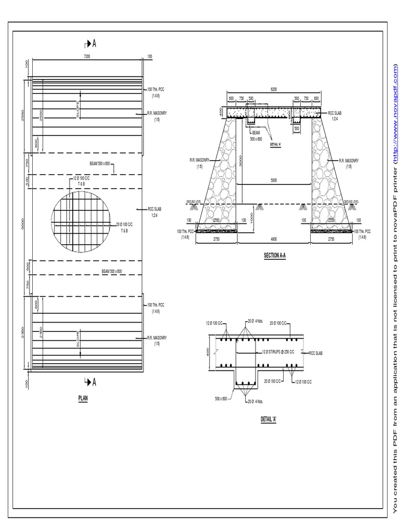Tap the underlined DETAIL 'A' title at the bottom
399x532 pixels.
pyautogui.click(x=268, y=419)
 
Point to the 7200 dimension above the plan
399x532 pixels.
pyautogui.click(x=87, y=56)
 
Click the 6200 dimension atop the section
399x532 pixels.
pyautogui.click(x=273, y=89)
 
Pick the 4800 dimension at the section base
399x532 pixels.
pyautogui.click(x=274, y=240)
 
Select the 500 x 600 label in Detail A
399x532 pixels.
pyautogui.click(x=221, y=398)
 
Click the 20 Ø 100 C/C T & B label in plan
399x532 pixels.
pyautogui.click(x=125, y=227)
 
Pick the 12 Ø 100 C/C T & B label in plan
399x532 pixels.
pyautogui.click(x=80, y=180)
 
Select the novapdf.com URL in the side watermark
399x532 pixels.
pyautogui.click(x=395, y=114)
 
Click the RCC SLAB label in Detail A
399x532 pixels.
pyautogui.click(x=316, y=353)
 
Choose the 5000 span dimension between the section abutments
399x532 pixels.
pyautogui.click(x=274, y=181)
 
